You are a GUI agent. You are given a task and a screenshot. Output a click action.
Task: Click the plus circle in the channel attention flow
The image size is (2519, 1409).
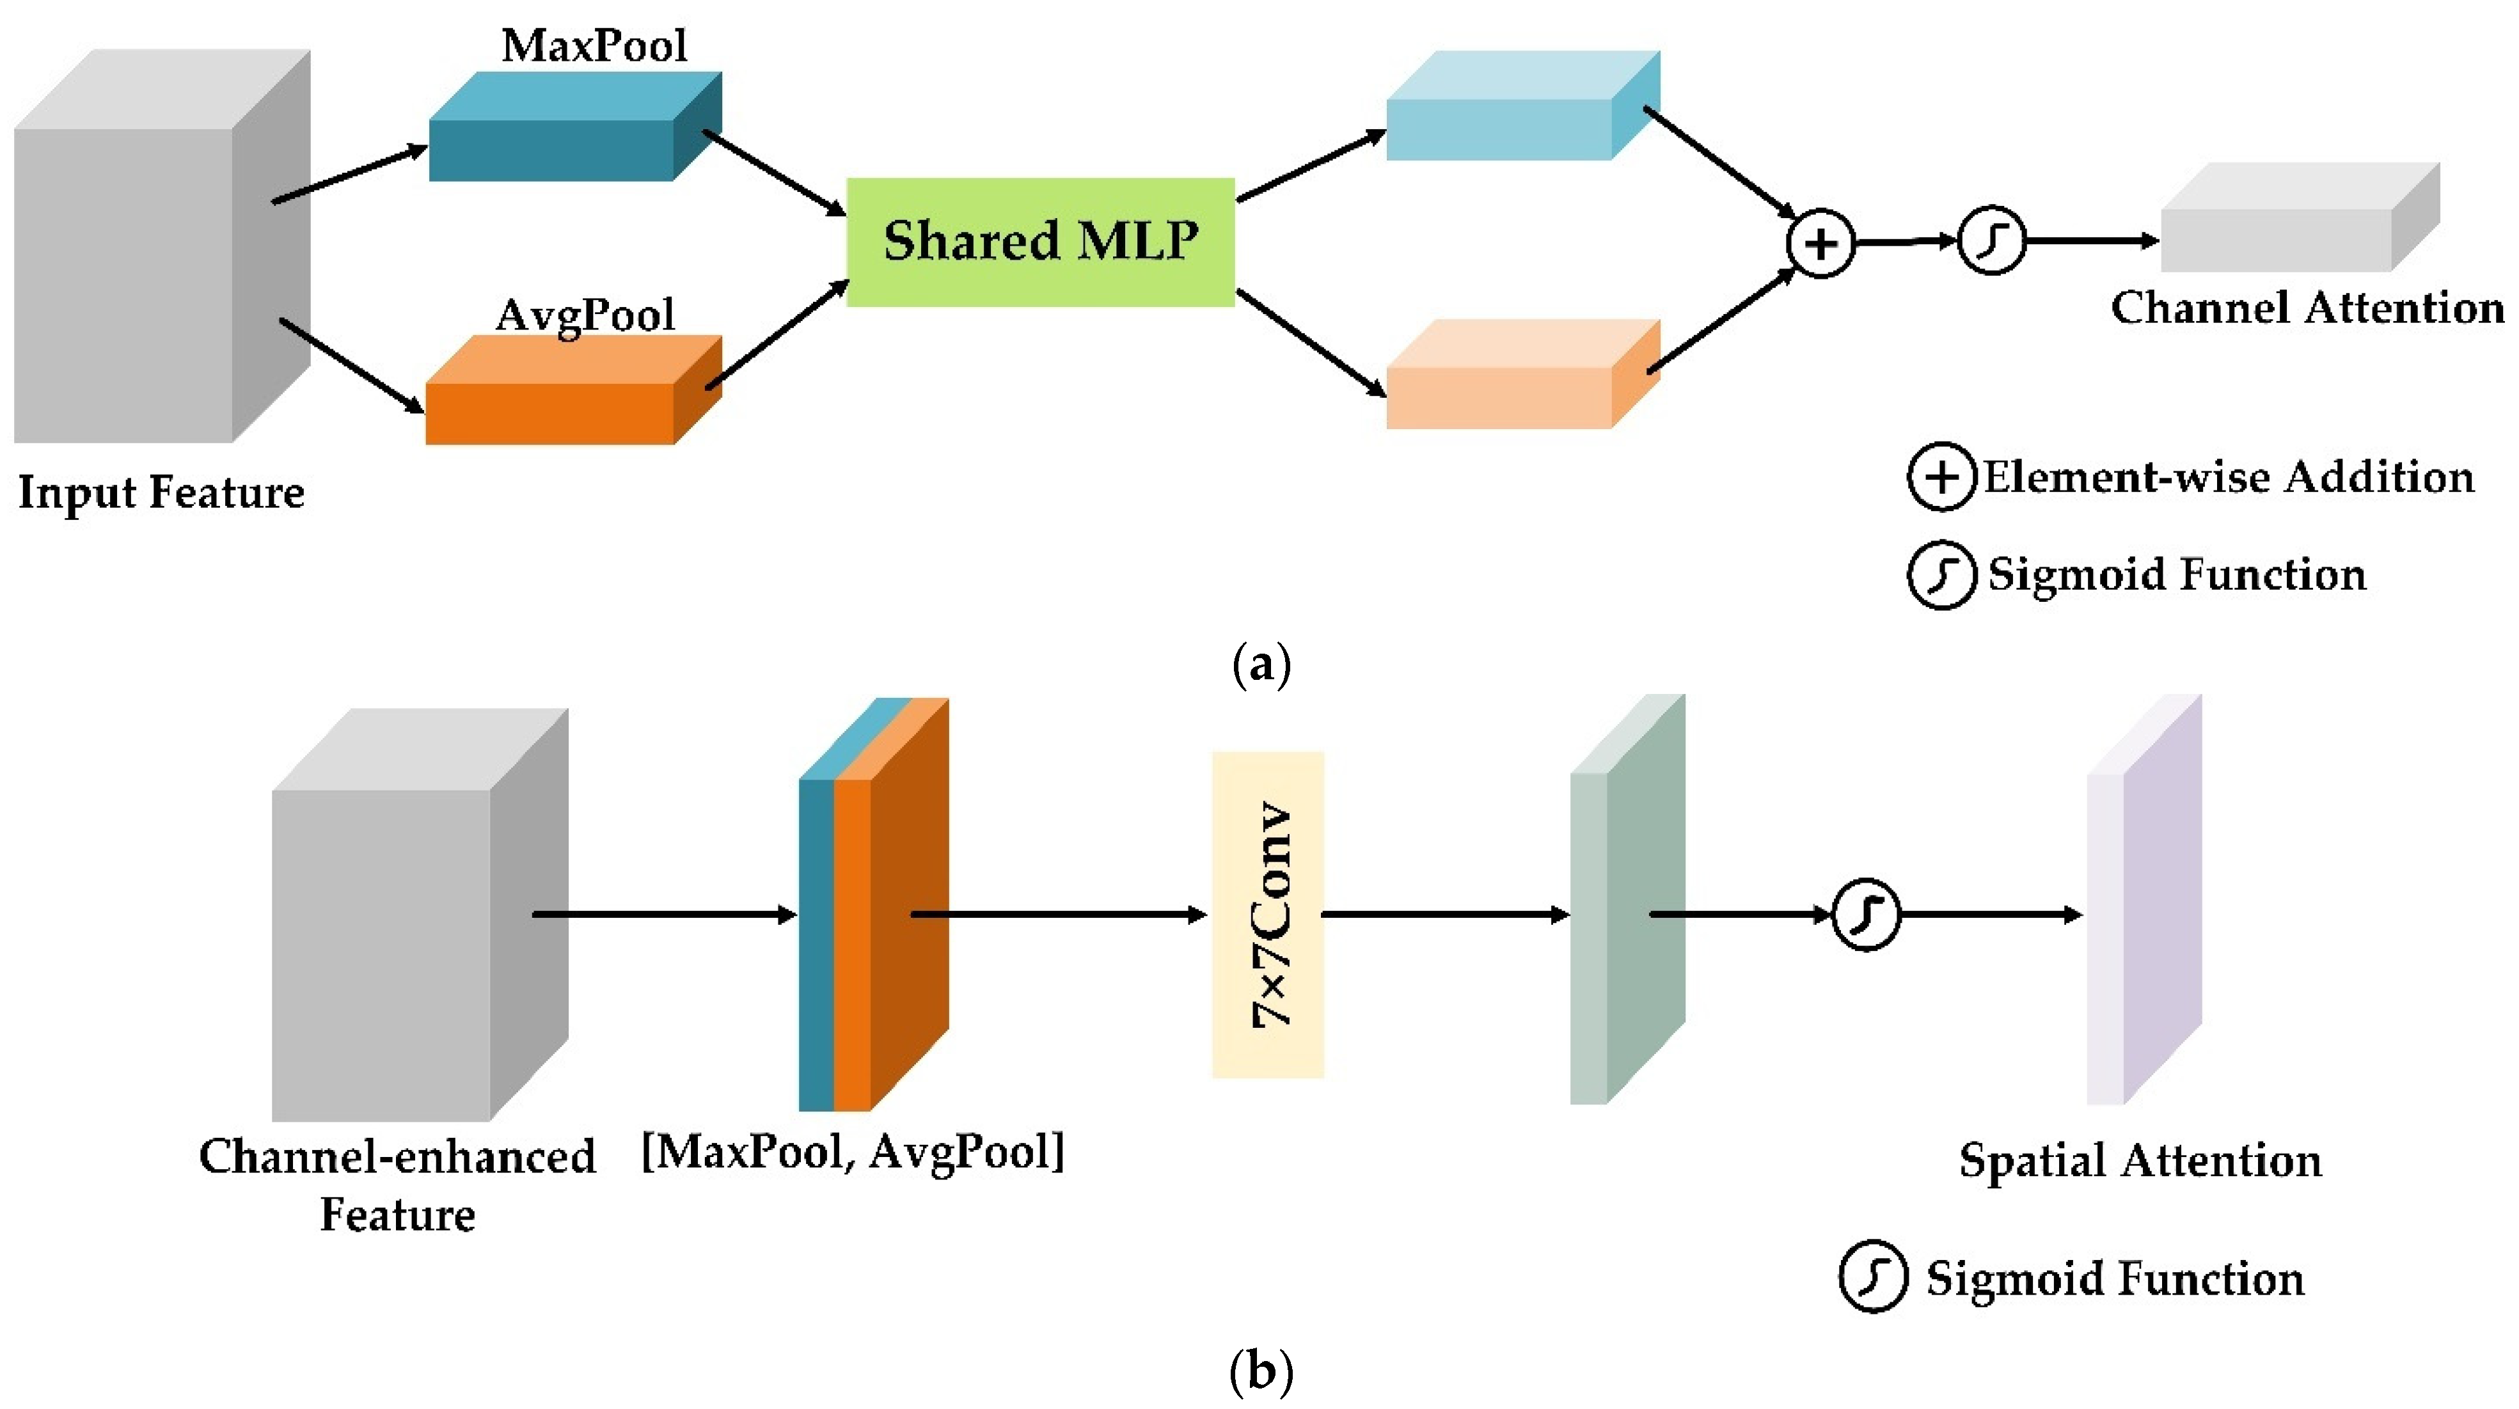tap(1820, 242)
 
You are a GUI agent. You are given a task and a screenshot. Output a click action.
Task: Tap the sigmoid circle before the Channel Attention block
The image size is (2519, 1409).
tap(1991, 240)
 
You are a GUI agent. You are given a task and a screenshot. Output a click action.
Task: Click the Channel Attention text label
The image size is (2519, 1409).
tap(2307, 308)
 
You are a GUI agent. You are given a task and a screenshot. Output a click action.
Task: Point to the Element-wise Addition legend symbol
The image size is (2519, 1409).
tap(1941, 477)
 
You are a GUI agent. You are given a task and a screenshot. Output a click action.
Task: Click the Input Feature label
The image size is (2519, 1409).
tap(161, 492)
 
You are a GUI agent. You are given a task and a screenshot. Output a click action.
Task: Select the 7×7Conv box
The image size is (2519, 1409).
tap(1267, 914)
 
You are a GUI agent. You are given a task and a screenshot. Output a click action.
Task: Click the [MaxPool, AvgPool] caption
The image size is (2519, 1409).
tap(852, 1152)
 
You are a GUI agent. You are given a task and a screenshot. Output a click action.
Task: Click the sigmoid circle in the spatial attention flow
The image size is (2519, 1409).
tap(1865, 914)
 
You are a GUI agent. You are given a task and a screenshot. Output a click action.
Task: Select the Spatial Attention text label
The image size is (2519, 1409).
tap(2140, 1161)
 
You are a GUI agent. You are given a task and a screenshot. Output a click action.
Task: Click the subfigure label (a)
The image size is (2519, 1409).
tap(1261, 666)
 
